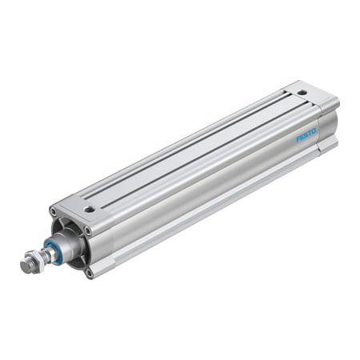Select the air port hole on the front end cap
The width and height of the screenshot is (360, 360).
tap(90, 210)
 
